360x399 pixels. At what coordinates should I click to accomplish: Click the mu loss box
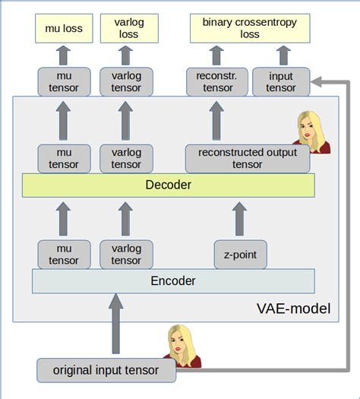[x=64, y=29]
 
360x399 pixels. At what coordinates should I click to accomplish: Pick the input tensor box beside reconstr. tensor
[x=281, y=82]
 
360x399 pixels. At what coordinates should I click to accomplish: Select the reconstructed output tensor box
[x=248, y=158]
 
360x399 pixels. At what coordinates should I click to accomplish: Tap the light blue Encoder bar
[x=173, y=280]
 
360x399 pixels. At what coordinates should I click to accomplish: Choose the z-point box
[x=240, y=255]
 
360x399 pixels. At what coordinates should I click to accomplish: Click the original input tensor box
[x=106, y=370]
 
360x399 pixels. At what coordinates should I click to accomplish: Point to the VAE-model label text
[x=293, y=310]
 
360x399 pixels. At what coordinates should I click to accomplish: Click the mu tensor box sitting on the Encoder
[x=64, y=255]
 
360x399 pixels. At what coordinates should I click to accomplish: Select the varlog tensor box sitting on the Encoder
[x=127, y=255]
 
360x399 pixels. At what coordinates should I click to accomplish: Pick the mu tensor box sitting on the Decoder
[x=64, y=158]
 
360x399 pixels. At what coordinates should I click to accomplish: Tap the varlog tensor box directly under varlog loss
[x=127, y=82]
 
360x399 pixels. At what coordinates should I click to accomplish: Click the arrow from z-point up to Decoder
[x=240, y=217]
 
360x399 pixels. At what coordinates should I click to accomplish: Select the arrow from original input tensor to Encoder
[x=115, y=325]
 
